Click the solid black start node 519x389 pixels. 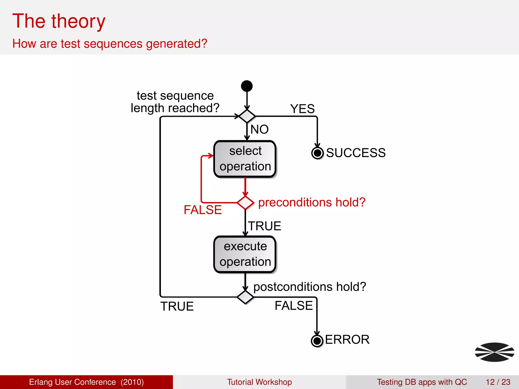247,86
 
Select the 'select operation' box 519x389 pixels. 245,159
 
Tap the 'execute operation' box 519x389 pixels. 245,254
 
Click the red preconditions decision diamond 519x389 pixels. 245,203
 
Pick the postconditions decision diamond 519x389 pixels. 245,297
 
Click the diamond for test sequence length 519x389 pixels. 247,116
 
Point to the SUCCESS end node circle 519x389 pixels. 317,153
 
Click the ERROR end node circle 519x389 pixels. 317,341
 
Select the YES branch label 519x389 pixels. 302,109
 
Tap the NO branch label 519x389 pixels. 259,129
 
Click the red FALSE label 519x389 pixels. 203,210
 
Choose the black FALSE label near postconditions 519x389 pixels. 294,306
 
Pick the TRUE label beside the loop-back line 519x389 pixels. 177,306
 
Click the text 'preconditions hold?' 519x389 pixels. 312,202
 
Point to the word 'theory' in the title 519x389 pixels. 78,21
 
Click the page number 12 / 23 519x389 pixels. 498,382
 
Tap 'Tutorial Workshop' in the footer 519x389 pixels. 259,382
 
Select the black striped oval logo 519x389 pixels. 494,352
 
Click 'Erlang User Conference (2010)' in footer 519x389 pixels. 86,382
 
